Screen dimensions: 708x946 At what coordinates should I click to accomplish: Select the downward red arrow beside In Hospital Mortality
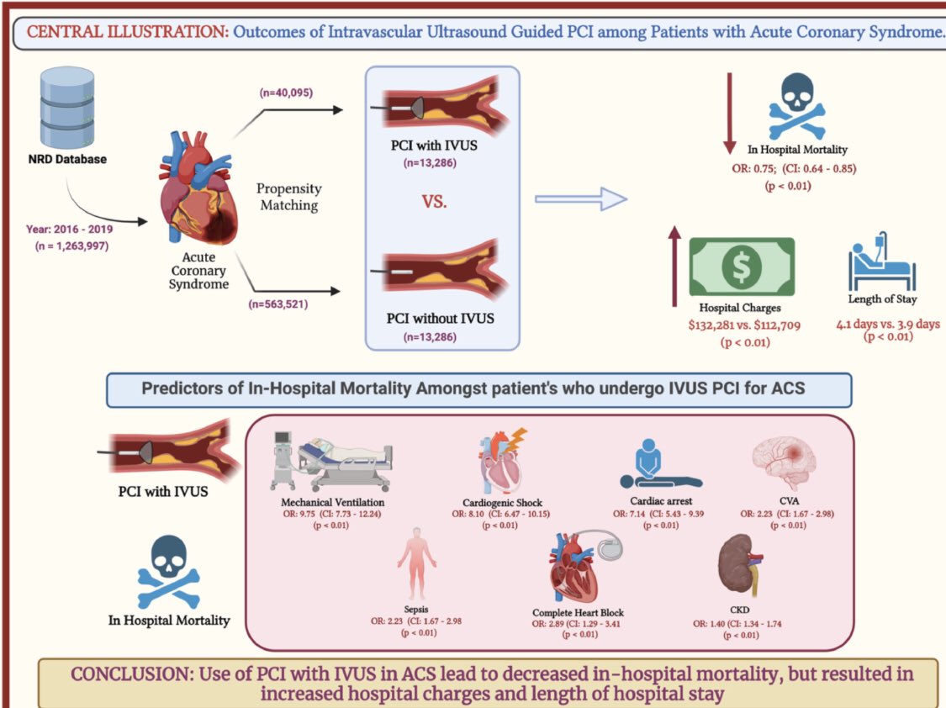pyautogui.click(x=729, y=114)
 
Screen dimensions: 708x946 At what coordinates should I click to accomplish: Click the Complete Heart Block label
pyautogui.click(x=578, y=612)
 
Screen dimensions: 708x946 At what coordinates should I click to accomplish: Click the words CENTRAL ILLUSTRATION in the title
pyautogui.click(x=127, y=33)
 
